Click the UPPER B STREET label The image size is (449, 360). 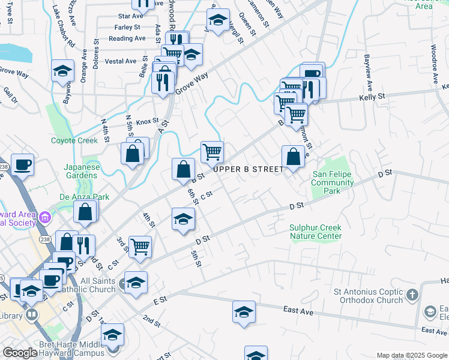pos(248,169)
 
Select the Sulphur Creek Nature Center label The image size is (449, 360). pos(315,232)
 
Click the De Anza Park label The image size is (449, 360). pos(76,196)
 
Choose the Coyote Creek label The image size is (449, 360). pos(74,140)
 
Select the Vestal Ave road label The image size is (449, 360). pos(121,61)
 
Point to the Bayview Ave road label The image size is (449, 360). pos(367,70)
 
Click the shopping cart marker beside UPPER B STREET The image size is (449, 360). pos(212,152)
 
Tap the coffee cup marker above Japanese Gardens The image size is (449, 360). pos(22,164)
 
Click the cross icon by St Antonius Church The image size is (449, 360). pos(412,295)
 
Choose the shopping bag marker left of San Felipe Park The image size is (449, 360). pos(293,157)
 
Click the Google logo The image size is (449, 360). pos(20,352)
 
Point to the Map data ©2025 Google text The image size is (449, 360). pos(411,355)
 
